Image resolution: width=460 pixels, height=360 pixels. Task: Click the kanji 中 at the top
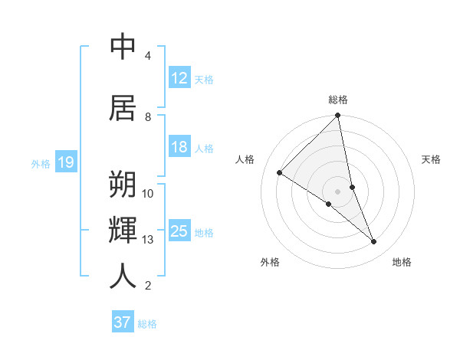point(123,47)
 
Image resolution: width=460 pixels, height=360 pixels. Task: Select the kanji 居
point(123,107)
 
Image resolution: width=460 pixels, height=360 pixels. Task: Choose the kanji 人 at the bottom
point(123,276)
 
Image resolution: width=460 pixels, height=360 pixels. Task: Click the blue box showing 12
point(179,78)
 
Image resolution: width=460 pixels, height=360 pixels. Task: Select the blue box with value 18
point(179,147)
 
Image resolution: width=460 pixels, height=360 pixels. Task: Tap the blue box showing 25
point(179,231)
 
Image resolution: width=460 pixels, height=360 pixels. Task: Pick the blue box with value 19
point(65,162)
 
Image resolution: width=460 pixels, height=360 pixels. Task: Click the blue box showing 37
point(122,322)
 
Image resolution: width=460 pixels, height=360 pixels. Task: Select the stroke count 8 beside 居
point(148,117)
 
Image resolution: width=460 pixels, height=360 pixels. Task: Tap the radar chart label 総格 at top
point(338,100)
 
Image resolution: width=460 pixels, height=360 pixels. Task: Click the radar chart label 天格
point(431,159)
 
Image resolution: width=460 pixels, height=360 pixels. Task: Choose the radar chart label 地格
point(402,262)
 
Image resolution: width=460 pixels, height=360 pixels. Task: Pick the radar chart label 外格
point(270,262)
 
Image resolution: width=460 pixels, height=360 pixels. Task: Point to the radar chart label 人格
point(245,159)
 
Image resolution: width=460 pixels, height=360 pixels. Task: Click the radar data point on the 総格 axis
point(338,116)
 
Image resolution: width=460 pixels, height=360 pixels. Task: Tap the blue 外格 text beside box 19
point(41,163)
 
